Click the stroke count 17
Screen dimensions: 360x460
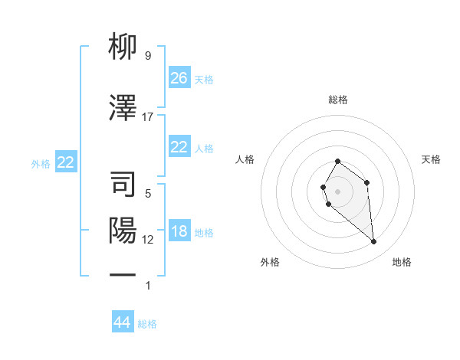148,117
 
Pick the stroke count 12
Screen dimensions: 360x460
148,240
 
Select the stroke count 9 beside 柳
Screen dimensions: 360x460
148,56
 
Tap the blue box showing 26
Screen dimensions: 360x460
179,77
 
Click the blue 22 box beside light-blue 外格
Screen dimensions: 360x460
65,162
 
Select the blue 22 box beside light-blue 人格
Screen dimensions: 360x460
179,148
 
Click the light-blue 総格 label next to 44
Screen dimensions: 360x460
148,324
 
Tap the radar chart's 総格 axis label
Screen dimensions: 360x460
337,100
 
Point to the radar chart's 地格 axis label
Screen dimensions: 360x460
402,262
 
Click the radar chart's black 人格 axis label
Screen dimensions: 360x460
245,159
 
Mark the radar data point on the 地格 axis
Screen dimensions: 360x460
374,242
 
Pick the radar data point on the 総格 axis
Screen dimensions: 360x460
337,162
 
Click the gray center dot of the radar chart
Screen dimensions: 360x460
337,190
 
